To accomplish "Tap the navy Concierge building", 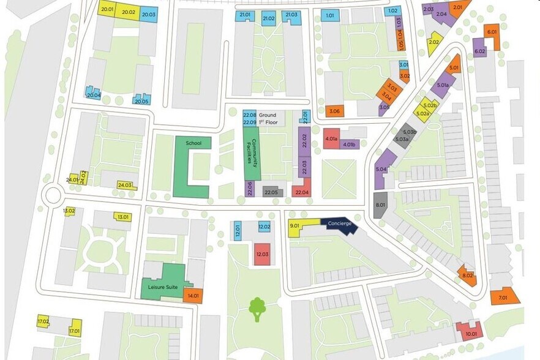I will click(x=339, y=224).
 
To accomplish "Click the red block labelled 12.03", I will click(x=263, y=253).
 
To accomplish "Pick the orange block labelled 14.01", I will click(x=193, y=296).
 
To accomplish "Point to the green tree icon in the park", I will click(x=257, y=308).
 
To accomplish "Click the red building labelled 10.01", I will click(x=470, y=332).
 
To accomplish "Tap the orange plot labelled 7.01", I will click(x=504, y=297).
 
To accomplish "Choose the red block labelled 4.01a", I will click(x=331, y=139).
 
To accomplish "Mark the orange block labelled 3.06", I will click(x=334, y=111).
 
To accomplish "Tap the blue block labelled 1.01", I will click(x=330, y=16).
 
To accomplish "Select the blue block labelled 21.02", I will click(x=269, y=18).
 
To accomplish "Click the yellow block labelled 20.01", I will click(x=108, y=10).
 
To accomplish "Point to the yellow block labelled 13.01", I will click(x=123, y=216).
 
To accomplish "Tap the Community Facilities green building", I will click(x=251, y=153).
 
